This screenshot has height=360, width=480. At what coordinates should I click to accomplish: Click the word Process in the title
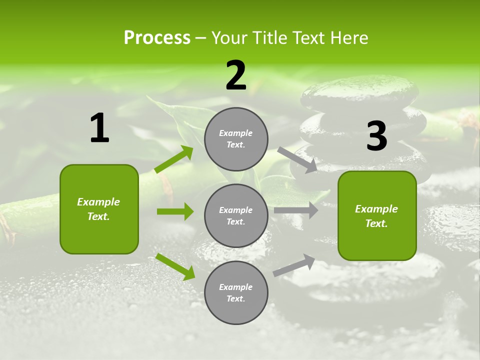click(x=157, y=38)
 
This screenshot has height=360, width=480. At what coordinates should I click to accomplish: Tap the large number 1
click(x=99, y=128)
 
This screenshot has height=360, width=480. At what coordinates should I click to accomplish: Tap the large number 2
click(x=236, y=75)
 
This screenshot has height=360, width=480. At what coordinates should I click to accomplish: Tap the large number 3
click(x=376, y=136)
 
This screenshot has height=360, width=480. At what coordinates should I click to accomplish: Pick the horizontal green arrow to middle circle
click(x=175, y=211)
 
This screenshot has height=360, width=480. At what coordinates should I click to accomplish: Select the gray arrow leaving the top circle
click(x=297, y=159)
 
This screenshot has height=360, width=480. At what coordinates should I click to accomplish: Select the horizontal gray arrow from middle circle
click(x=296, y=210)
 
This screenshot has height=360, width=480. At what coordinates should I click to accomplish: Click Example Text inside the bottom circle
click(x=236, y=293)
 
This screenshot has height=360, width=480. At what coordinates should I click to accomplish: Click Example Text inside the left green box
click(x=99, y=209)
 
